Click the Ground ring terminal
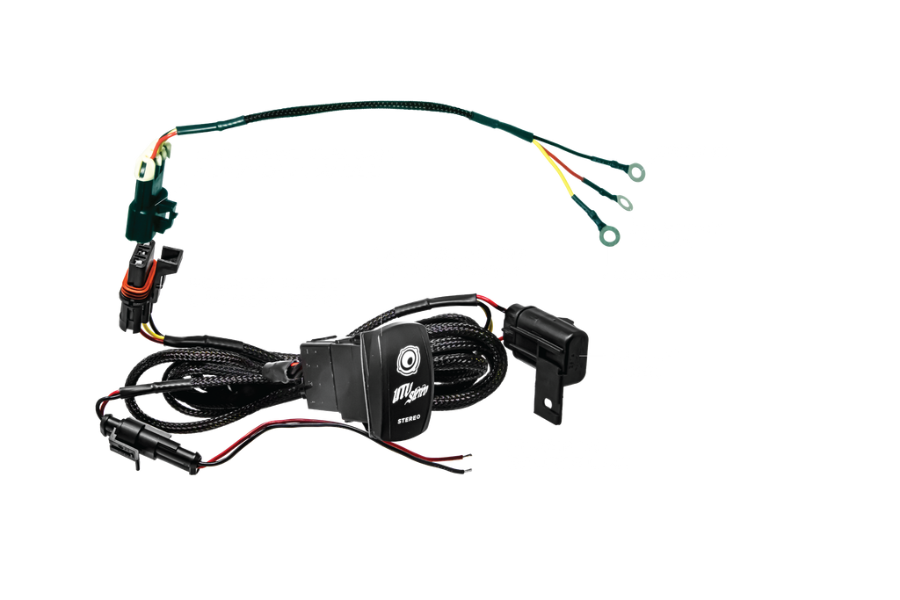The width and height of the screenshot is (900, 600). [x=639, y=173]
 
